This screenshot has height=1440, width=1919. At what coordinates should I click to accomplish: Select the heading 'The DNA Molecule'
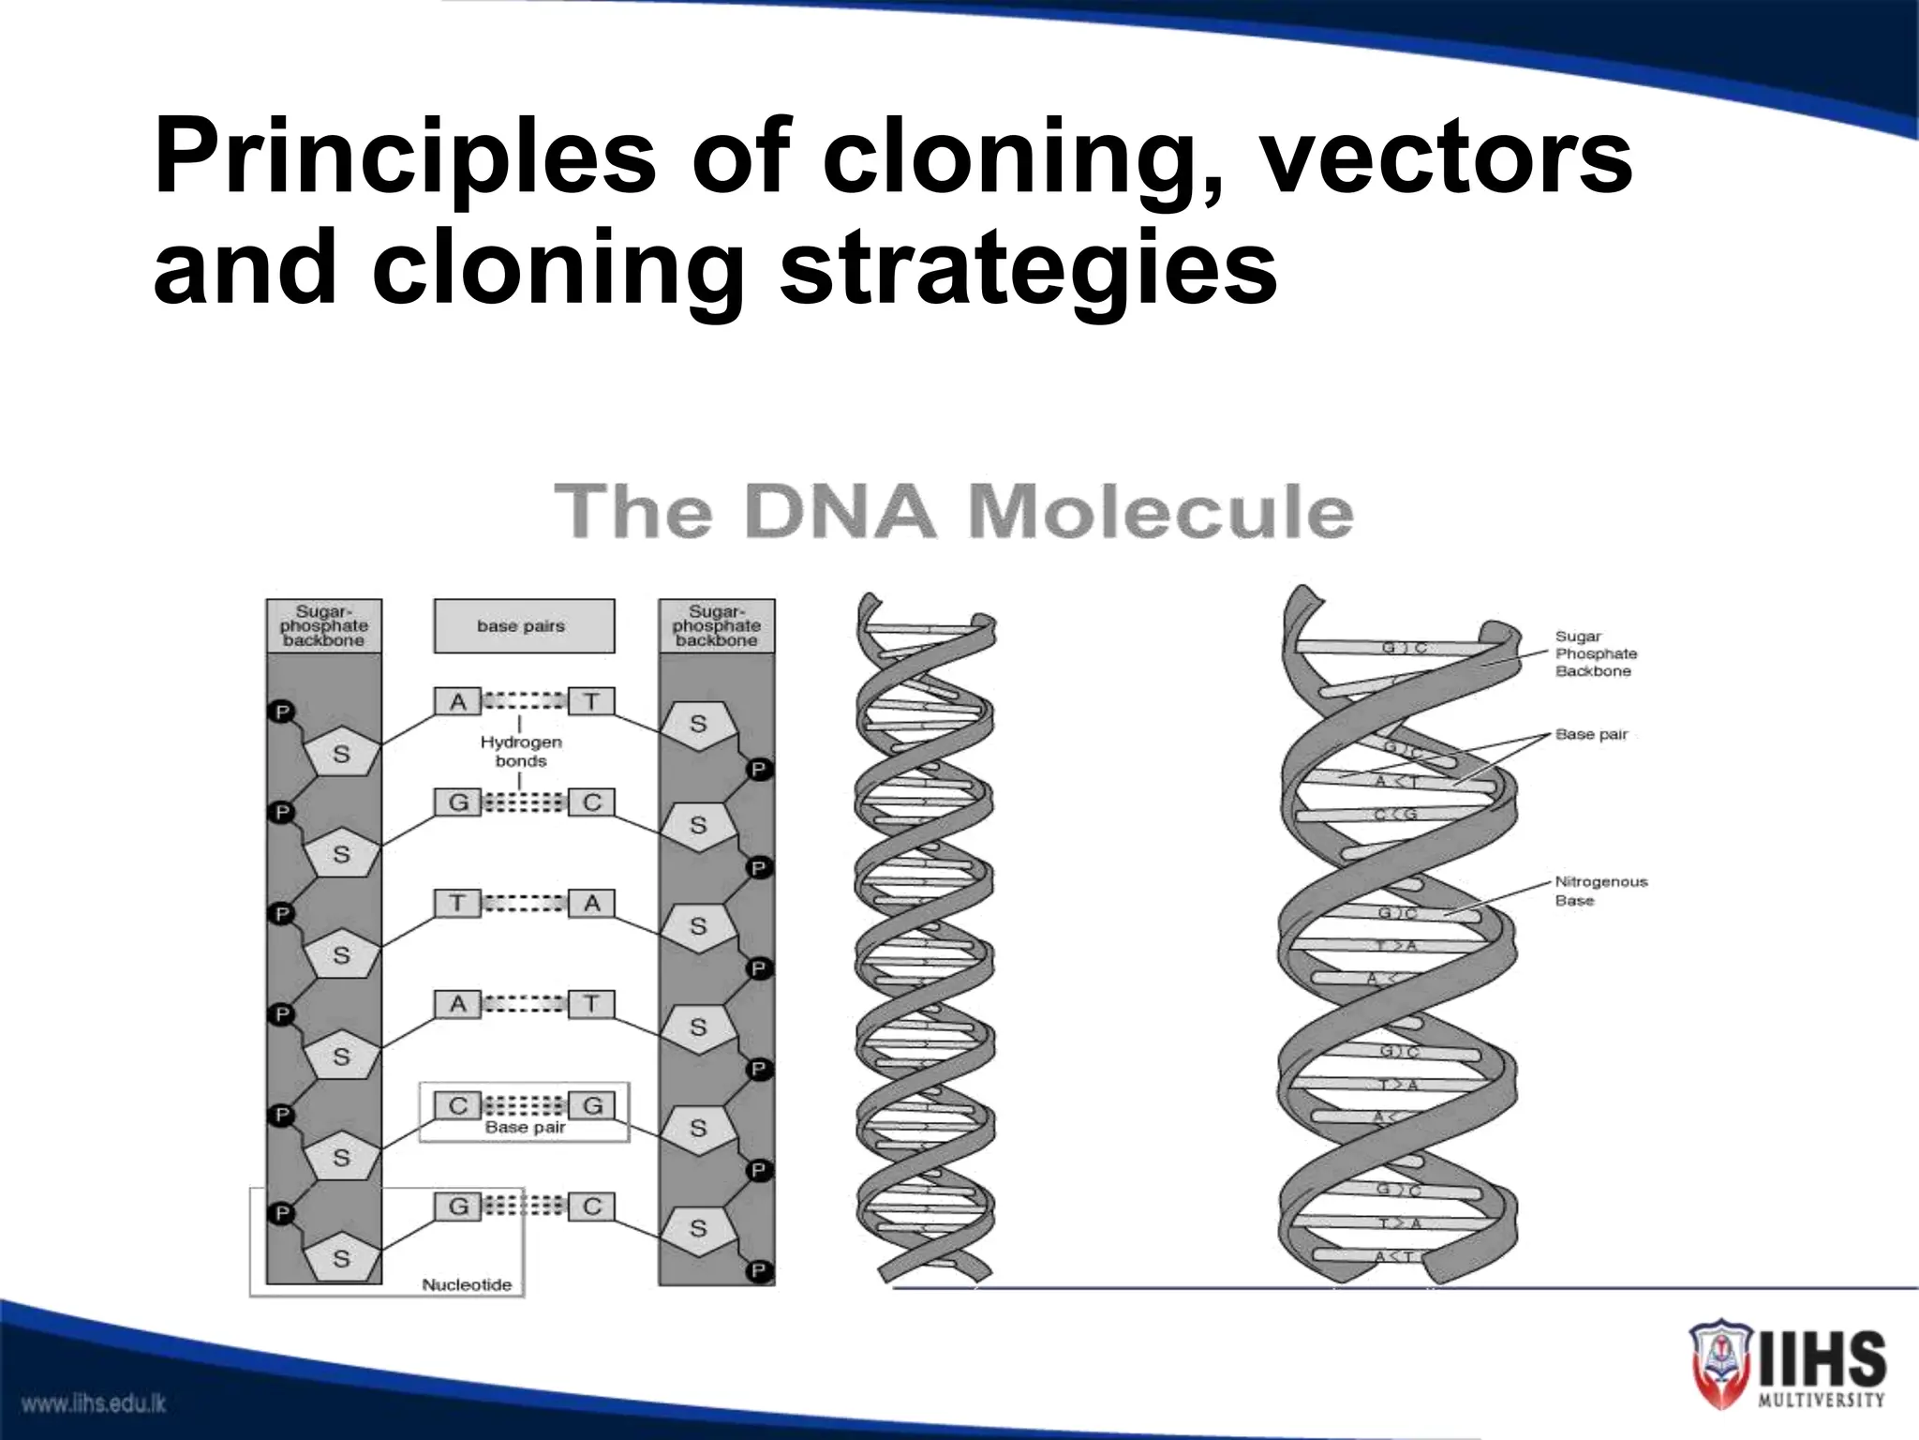(953, 512)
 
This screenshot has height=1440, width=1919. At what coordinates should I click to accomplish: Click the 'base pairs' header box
(523, 626)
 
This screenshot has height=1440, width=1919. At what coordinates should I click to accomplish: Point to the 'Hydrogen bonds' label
(521, 751)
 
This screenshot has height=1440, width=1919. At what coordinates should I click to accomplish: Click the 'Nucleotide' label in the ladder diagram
(467, 1284)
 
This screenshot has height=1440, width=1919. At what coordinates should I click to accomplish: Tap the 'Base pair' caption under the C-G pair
(525, 1128)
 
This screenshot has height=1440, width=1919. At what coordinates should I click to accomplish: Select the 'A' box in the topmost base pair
(457, 701)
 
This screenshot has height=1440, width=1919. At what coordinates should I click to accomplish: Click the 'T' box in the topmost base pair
(591, 701)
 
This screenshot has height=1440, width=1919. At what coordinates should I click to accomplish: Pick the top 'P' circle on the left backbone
(282, 712)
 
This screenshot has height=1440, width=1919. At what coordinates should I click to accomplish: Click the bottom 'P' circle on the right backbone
(758, 1271)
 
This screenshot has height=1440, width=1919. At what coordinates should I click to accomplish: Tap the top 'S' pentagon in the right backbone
(698, 725)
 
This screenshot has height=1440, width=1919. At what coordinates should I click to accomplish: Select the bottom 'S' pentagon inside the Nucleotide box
(341, 1258)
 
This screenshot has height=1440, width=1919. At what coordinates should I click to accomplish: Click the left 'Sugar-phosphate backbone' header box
(323, 626)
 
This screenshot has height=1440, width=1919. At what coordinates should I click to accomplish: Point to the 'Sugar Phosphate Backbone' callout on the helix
(1596, 653)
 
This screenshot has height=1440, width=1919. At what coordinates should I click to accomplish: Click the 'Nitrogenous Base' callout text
(1599, 891)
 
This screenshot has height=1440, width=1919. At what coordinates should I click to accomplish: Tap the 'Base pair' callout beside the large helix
(1590, 734)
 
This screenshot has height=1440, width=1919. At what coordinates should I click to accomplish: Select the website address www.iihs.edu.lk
(94, 1403)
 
